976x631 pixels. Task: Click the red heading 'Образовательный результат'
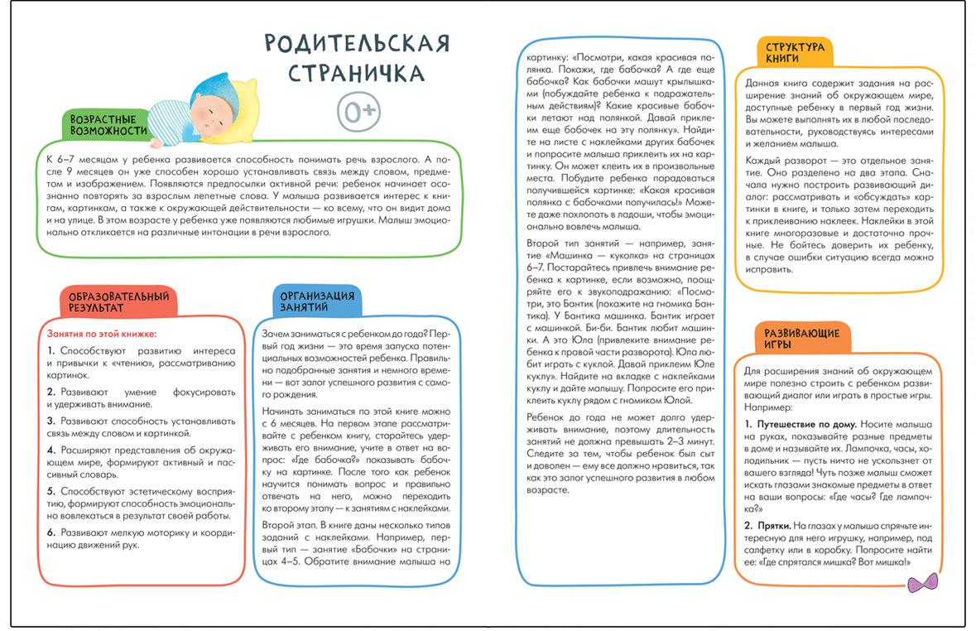pos(119,301)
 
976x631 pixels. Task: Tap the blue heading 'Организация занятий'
pos(317,301)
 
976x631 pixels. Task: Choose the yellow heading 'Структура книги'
pos(795,54)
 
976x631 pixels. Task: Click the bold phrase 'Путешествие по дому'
pos(805,424)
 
